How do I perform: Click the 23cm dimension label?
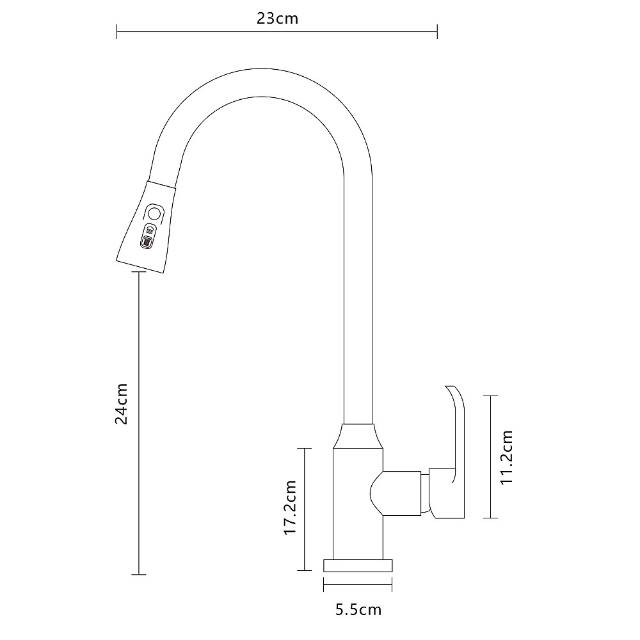pos(277,19)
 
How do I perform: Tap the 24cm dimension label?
pos(122,404)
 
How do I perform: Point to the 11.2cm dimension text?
pos(506,457)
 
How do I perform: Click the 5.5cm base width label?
pos(358,610)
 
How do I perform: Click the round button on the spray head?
pos(154,212)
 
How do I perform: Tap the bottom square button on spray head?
pos(147,241)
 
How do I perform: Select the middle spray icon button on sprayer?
pos(149,228)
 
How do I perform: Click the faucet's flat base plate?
pos(358,565)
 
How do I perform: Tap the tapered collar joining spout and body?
pos(358,436)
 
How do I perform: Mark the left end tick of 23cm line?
pos(117,30)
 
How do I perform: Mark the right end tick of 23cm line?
pos(437,30)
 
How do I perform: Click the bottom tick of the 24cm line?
pos(138,574)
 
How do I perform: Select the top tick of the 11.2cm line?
pos(490,396)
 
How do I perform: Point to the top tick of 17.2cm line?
pos(304,449)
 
